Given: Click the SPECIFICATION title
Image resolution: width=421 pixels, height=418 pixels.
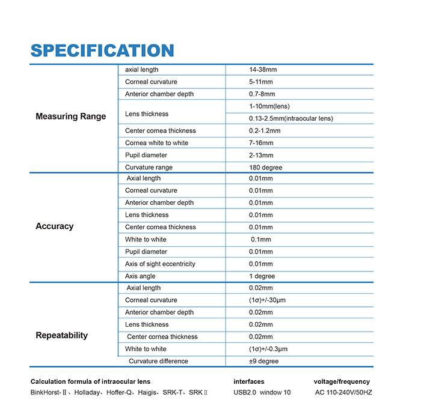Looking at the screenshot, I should (x=102, y=50).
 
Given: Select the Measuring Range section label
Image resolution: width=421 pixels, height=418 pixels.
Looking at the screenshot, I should (x=70, y=117).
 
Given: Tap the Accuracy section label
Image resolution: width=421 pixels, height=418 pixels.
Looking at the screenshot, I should (x=54, y=226).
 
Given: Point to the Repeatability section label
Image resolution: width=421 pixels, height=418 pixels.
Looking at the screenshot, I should (x=61, y=335).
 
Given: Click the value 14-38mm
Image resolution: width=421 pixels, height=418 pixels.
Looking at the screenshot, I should (x=263, y=70).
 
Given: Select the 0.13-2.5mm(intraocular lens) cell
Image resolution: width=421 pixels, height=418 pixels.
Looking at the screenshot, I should (x=290, y=118).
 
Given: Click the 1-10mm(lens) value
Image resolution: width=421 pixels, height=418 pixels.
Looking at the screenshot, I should (x=269, y=106).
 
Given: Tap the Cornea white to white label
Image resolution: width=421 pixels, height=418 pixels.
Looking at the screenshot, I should (x=156, y=143).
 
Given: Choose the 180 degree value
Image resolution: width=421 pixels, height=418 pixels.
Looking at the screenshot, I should (x=265, y=168).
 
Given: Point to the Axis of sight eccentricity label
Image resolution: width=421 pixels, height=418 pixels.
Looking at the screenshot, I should (x=160, y=264).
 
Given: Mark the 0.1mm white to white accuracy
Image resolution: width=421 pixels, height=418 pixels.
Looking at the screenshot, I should (x=261, y=240).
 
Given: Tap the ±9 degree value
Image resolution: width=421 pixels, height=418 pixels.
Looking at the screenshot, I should (x=263, y=361).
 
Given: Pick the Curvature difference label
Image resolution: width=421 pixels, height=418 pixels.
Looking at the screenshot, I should (x=158, y=361).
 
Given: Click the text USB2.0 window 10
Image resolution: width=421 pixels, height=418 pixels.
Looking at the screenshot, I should (x=262, y=393).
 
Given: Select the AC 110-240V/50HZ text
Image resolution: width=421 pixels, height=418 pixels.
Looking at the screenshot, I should (x=343, y=393).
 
